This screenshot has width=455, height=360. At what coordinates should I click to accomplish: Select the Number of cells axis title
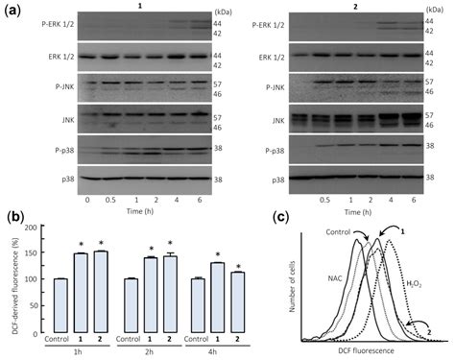click(294, 288)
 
